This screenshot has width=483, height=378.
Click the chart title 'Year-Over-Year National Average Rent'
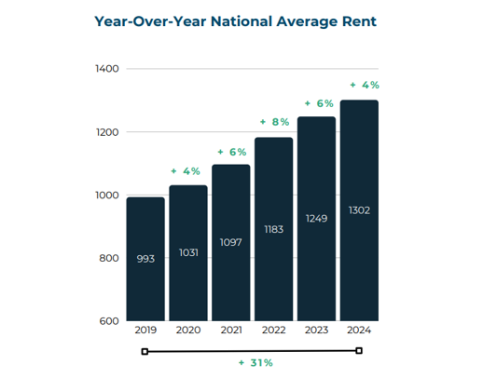(x=235, y=20)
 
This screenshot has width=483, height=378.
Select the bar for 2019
(x=145, y=259)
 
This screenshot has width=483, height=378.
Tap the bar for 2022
(x=274, y=229)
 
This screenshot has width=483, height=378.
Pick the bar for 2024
(x=359, y=210)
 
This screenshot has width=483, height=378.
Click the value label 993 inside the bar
(x=145, y=259)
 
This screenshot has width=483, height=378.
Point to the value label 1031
(x=188, y=251)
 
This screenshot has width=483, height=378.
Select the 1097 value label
(x=231, y=241)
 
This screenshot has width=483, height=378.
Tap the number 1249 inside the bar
(x=317, y=217)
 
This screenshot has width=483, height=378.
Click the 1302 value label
(x=359, y=209)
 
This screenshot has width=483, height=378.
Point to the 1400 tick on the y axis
(x=105, y=69)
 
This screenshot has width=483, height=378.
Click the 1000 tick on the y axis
(x=105, y=196)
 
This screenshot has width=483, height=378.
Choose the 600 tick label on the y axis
(x=107, y=321)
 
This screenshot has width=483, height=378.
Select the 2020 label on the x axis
(x=188, y=331)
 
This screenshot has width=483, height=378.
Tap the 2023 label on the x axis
(x=317, y=331)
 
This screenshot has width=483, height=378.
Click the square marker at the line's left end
(x=145, y=351)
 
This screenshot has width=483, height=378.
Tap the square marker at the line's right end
(x=359, y=350)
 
